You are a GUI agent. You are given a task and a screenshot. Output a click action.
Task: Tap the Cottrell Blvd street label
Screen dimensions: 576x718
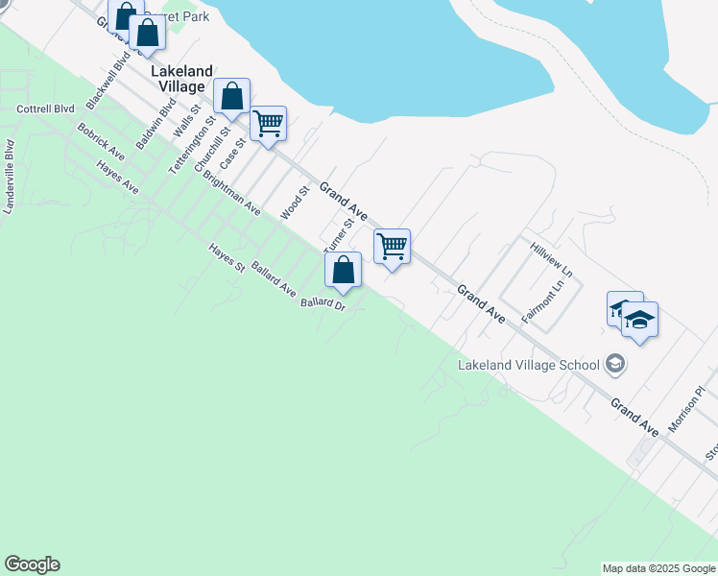(x=47, y=109)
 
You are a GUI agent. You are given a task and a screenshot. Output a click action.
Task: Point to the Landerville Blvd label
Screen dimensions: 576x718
(x=10, y=178)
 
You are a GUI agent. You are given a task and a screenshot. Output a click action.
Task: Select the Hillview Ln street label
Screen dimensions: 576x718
(x=551, y=260)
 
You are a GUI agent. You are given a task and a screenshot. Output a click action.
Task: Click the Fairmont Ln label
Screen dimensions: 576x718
(x=540, y=305)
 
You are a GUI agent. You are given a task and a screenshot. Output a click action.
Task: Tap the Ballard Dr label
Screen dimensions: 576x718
(x=323, y=304)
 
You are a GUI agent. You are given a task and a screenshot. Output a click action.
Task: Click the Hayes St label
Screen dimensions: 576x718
(x=227, y=259)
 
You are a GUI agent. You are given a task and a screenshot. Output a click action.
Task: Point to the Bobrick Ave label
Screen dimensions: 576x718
(x=102, y=140)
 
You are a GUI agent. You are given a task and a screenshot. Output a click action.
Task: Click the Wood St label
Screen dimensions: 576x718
(x=293, y=204)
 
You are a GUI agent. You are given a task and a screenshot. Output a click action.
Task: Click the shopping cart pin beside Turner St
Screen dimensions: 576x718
(x=392, y=246)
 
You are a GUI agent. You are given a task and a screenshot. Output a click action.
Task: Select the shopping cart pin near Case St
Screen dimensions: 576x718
(x=268, y=123)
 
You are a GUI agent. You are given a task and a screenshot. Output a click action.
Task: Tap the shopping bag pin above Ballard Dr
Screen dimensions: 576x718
(x=344, y=271)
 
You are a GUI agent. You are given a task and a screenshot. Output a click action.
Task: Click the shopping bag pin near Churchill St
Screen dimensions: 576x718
(x=231, y=96)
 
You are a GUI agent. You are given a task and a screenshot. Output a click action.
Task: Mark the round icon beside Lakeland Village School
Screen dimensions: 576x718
(x=615, y=364)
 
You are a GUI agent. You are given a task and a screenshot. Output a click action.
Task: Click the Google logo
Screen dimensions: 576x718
(x=32, y=564)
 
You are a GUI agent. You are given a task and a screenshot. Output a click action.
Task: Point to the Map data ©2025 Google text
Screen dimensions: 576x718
(x=658, y=568)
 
